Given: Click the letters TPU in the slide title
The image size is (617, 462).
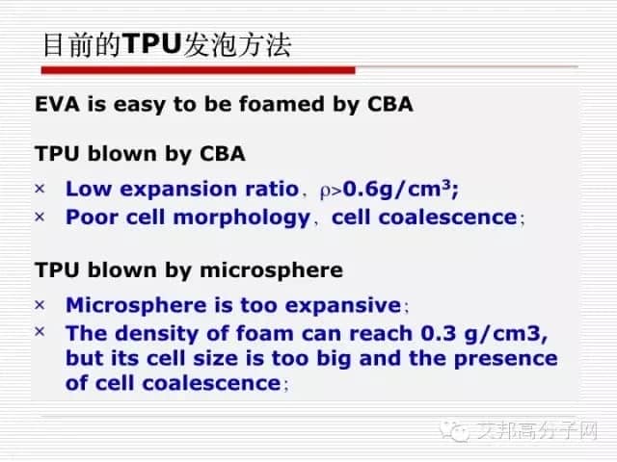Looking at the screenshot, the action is coord(152,43).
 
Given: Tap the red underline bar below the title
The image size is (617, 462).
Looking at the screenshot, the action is coord(199,70).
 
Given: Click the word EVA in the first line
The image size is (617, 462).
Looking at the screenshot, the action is coord(57,104).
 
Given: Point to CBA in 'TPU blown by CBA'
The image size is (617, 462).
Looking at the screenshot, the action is coord(223,153).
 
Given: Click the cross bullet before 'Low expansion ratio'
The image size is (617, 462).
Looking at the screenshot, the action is coord(40,189).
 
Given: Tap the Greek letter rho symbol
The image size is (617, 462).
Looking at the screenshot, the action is coord(325,192).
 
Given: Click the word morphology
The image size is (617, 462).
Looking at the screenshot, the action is coord(242,218).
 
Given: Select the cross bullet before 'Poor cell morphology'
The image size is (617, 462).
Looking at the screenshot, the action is coord(40,217).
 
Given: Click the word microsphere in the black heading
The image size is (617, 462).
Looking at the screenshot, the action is coord(272,270).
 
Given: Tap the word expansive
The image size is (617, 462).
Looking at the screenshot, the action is coord(343,305).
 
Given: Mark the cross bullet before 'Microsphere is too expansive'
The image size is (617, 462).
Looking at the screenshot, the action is coord(40,304).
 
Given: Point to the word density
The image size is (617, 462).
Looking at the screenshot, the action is coord(157,334).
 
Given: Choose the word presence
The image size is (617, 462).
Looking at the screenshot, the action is coord(505,359).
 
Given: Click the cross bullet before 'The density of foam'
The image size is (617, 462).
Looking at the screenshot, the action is coord(40,332).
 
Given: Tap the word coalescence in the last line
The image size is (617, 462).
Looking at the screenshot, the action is coord(212,383).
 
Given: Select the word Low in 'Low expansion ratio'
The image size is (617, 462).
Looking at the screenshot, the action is coord(89,189).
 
